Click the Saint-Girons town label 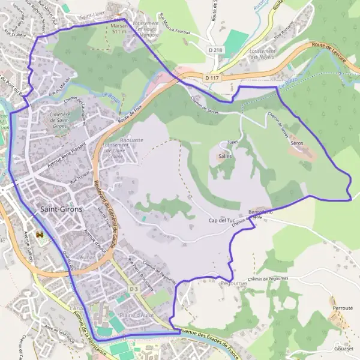point(61,209)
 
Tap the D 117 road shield point(211,78)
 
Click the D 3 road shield point(133,290)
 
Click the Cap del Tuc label point(221,221)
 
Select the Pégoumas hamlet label point(234,282)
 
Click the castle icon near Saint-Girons point(40,234)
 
